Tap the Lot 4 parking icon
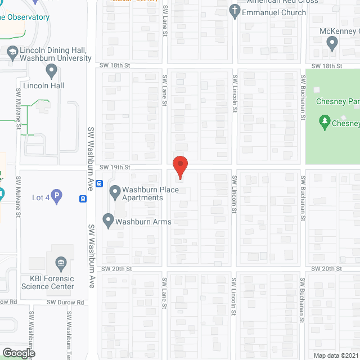[x=57, y=197]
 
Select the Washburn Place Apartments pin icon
[x=115, y=192]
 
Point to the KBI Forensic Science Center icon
[x=61, y=263]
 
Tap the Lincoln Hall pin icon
[x=52, y=71]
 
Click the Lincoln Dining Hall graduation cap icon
[x=11, y=52]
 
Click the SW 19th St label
[x=115, y=167]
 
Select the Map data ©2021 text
[x=335, y=355]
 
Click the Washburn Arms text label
[x=143, y=222]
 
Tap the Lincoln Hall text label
[x=43, y=85]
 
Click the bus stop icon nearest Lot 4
[x=82, y=198]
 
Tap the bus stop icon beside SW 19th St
[x=99, y=183]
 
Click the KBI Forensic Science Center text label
[x=48, y=282]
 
